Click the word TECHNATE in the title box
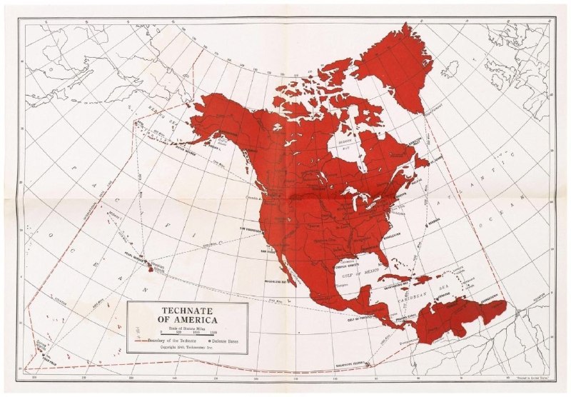(187, 311)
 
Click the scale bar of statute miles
(187, 333)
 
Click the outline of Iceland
(450, 69)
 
